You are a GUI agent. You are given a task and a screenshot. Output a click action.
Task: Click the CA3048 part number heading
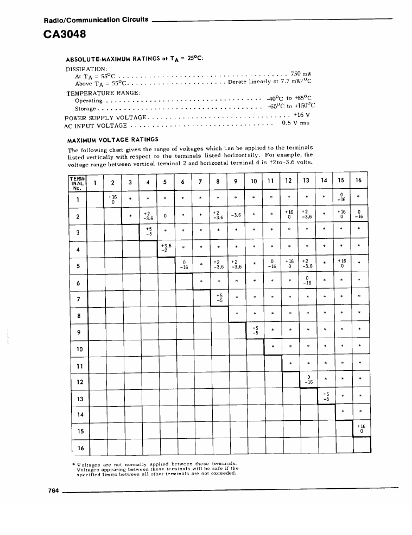(x=64, y=34)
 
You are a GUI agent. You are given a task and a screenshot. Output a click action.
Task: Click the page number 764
(x=53, y=490)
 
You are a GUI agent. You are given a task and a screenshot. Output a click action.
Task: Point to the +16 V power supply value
(x=301, y=115)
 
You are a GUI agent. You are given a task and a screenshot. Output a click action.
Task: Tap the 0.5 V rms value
(x=296, y=123)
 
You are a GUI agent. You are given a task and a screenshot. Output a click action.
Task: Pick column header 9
(x=237, y=181)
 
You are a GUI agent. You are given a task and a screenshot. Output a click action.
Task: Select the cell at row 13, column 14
(x=326, y=397)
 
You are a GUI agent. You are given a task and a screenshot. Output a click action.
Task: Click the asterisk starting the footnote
(x=74, y=463)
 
